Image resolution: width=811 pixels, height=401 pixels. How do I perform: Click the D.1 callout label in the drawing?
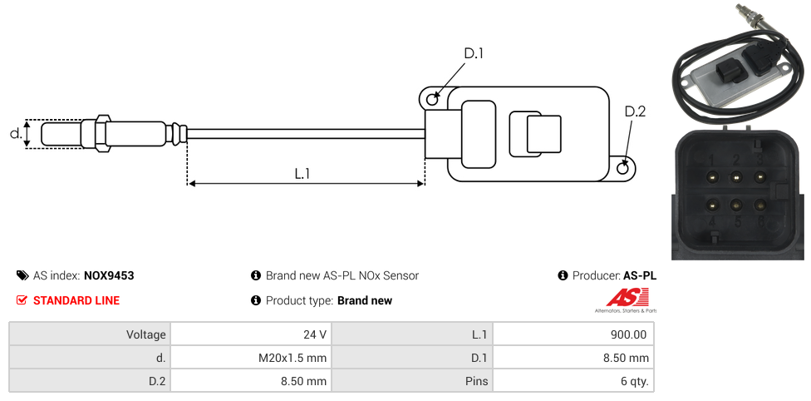(473, 53)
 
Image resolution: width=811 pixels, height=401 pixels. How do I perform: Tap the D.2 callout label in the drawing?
(634, 111)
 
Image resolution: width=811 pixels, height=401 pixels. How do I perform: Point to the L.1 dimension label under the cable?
(302, 173)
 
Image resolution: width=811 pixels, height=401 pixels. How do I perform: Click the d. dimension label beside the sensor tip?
(15, 133)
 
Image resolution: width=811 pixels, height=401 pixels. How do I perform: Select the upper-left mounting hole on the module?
(432, 100)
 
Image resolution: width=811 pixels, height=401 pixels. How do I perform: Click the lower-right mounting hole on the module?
(624, 169)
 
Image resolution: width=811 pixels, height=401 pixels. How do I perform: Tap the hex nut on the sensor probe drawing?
(102, 133)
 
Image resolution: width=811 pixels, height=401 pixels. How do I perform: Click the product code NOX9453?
(109, 275)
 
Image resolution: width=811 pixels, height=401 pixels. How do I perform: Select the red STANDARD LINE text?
(76, 300)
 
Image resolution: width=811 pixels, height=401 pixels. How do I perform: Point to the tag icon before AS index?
(22, 275)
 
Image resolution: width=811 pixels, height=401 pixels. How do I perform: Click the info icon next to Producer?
(563, 275)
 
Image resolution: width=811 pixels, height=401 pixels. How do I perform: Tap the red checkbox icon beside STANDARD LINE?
(22, 300)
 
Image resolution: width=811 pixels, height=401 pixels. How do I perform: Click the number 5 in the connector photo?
(736, 222)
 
